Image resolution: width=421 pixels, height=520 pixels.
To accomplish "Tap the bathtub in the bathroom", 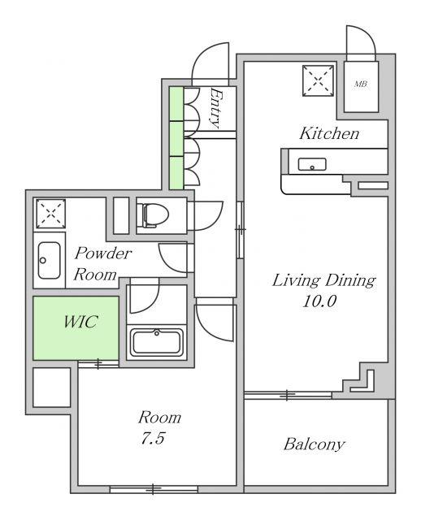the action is (157, 342).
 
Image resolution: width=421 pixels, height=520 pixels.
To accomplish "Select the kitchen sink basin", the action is (312, 164).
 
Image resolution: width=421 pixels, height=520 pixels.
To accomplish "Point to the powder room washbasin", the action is (49, 260).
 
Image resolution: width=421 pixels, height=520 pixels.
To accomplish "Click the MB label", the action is (361, 84).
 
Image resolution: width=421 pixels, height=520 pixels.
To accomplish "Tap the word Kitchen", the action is (329, 133).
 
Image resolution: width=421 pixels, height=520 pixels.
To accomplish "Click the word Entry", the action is (215, 108).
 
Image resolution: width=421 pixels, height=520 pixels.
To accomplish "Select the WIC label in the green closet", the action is (81, 322).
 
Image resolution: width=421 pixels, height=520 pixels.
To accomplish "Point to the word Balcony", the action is (314, 444).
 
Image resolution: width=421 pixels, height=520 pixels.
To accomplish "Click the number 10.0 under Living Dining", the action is (319, 301).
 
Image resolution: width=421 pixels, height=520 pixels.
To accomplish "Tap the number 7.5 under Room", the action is (153, 439).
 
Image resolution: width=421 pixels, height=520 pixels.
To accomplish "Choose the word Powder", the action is (103, 253).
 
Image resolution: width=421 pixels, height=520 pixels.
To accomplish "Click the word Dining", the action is (350, 280).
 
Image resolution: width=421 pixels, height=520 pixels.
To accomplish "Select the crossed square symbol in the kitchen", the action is (318, 80).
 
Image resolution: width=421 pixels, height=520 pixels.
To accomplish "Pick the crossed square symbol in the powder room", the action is (50, 214).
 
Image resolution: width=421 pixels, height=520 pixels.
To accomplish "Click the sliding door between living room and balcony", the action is (288, 395).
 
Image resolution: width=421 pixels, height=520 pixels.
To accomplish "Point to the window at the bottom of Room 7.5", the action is (154, 489).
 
